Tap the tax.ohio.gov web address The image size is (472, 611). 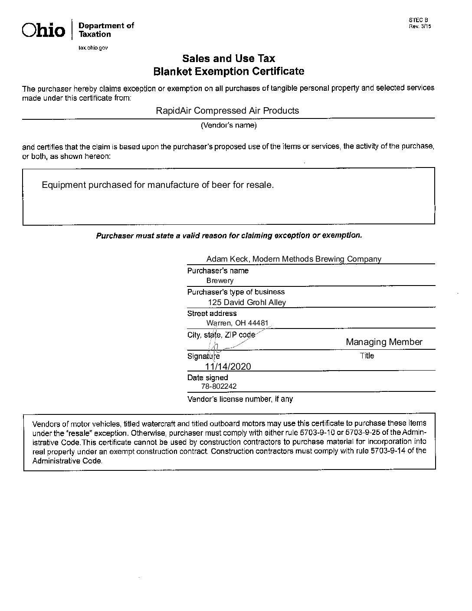tap(93, 47)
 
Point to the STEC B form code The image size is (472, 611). tap(418, 20)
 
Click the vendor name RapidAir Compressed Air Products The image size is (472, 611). tap(227, 111)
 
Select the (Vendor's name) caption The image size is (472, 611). tap(229, 125)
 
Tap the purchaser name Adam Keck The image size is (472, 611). tap(227, 259)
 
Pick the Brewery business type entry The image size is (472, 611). tap(220, 281)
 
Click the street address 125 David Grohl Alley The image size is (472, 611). tap(247, 302)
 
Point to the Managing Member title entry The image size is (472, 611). tap(384, 342)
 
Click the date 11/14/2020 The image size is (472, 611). tap(228, 366)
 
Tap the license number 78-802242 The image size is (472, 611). tap(219, 386)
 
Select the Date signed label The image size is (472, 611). tap(207, 378)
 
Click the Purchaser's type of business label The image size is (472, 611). tap(236, 292)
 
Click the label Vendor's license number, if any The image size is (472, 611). tap(240, 399)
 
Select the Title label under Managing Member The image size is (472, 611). tap(367, 356)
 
